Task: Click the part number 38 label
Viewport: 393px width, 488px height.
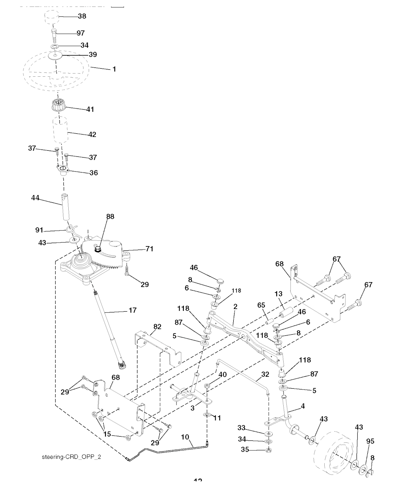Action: [x=82, y=16]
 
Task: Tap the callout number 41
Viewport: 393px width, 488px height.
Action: [x=90, y=109]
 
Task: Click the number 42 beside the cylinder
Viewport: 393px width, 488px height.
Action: [x=92, y=135]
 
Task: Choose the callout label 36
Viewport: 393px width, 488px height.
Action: [x=93, y=173]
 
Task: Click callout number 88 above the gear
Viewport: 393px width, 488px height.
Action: [x=110, y=217]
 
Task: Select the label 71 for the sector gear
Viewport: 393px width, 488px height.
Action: [x=149, y=249]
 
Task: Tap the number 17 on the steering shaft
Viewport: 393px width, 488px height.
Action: [x=132, y=311]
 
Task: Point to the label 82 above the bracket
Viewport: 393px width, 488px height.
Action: [x=157, y=327]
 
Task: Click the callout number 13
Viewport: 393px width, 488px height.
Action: [x=278, y=294]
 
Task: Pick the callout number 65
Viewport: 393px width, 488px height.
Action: [x=261, y=306]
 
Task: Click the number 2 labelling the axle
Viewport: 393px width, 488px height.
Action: [x=235, y=307]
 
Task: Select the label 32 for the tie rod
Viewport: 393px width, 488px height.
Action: [x=265, y=374]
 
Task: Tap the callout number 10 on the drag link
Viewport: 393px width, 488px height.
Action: [x=185, y=437]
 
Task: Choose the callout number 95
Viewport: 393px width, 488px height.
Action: [x=370, y=441]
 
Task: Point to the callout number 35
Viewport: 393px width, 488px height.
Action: [x=245, y=450]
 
